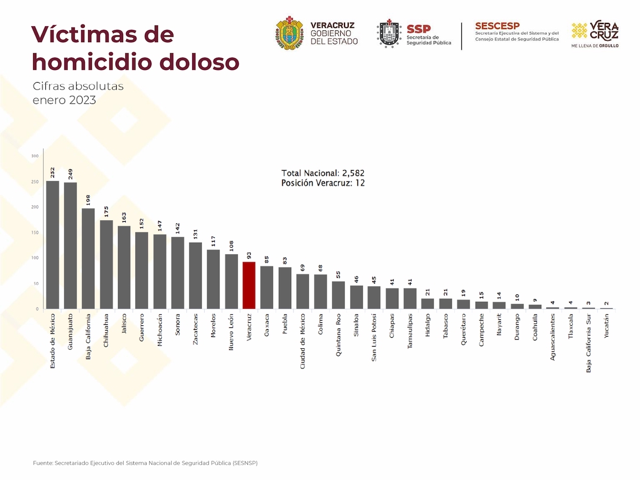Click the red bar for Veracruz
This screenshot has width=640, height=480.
point(249,285)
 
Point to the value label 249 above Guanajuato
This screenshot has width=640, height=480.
point(70,174)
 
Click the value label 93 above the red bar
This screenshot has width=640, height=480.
point(249,255)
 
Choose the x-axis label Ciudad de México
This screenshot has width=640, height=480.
point(303,341)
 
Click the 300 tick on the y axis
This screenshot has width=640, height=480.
point(35,156)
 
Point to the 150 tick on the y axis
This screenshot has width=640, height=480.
point(35,233)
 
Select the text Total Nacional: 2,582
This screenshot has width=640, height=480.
point(323,173)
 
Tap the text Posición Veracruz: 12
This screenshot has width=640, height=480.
point(323,183)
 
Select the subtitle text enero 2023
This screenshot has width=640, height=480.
point(64,100)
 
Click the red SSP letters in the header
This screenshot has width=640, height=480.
point(418,29)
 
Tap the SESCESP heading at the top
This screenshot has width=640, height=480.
point(497,26)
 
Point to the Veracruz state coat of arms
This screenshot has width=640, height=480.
point(290,33)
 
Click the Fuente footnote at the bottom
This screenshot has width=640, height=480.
point(145,463)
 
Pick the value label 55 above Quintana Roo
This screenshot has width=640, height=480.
point(339,275)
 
